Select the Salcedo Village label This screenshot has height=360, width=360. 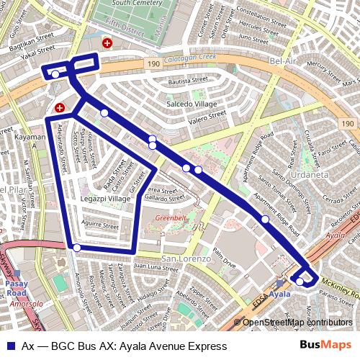pyautogui.click(x=192, y=104)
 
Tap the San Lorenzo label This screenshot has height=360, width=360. pyautogui.click(x=186, y=258)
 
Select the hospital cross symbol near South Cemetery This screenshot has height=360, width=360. pyautogui.click(x=107, y=44)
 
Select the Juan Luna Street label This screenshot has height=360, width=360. pyautogui.click(x=155, y=267)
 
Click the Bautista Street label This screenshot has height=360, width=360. pyautogui.click(x=183, y=83)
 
